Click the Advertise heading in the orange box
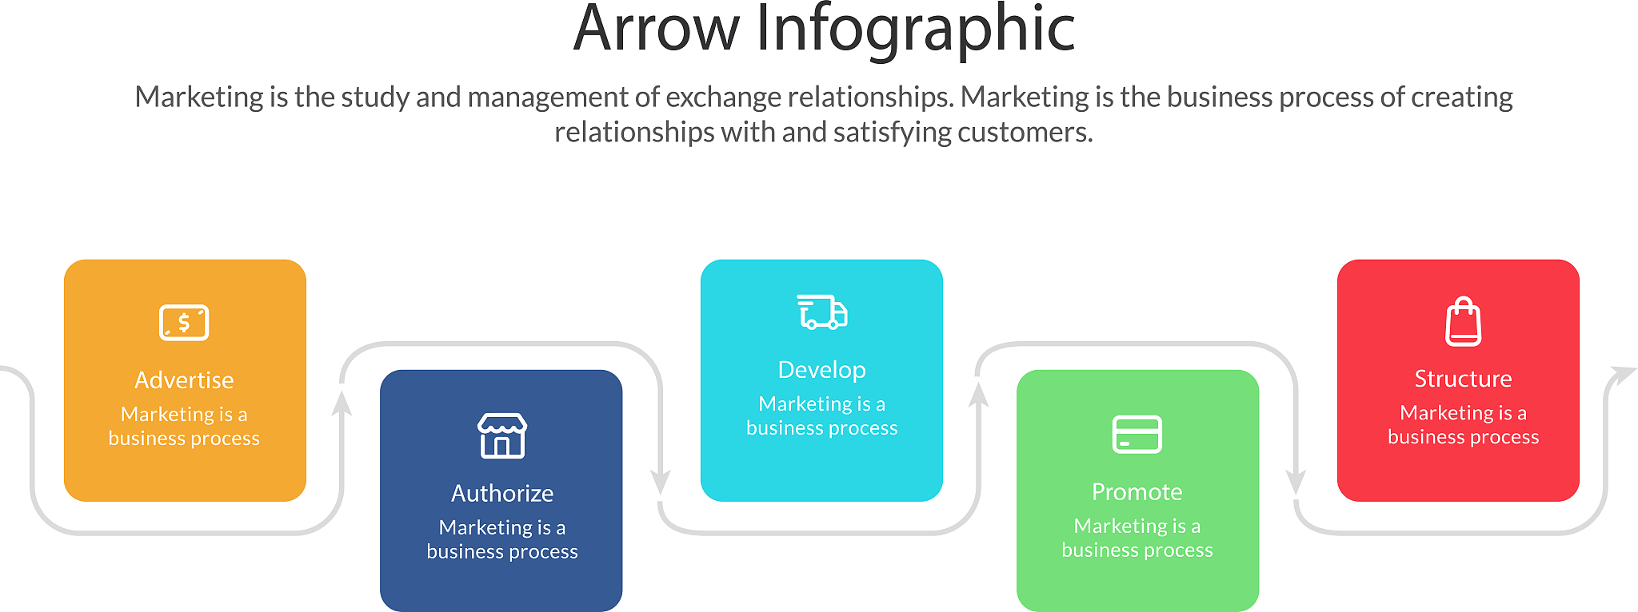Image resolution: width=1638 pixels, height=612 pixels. click(x=184, y=380)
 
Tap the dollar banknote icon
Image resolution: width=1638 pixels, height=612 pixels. click(x=184, y=323)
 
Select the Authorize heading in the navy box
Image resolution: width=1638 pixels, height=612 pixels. click(x=502, y=494)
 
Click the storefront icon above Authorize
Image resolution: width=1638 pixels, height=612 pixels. click(x=502, y=435)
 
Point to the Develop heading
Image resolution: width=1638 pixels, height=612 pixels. click(x=822, y=370)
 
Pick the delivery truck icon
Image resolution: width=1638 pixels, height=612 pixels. click(x=822, y=312)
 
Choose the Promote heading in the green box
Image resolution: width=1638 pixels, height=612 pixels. click(x=1137, y=492)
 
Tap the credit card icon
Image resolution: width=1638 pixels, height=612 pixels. click(x=1137, y=434)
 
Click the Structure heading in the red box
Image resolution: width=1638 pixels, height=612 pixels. click(x=1464, y=379)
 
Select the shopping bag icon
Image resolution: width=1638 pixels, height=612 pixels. click(x=1464, y=322)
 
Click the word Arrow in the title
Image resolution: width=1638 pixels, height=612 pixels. click(x=657, y=30)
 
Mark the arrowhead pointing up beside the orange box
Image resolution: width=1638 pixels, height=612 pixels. click(x=342, y=403)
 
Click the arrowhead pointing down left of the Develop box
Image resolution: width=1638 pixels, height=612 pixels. click(x=661, y=482)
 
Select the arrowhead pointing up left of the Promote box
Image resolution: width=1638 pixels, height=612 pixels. click(x=978, y=395)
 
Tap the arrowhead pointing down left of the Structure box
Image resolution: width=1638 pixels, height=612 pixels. click(x=1296, y=482)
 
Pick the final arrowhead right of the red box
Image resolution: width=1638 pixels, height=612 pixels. click(x=1623, y=375)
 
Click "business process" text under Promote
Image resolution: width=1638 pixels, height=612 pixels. click(x=1137, y=550)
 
